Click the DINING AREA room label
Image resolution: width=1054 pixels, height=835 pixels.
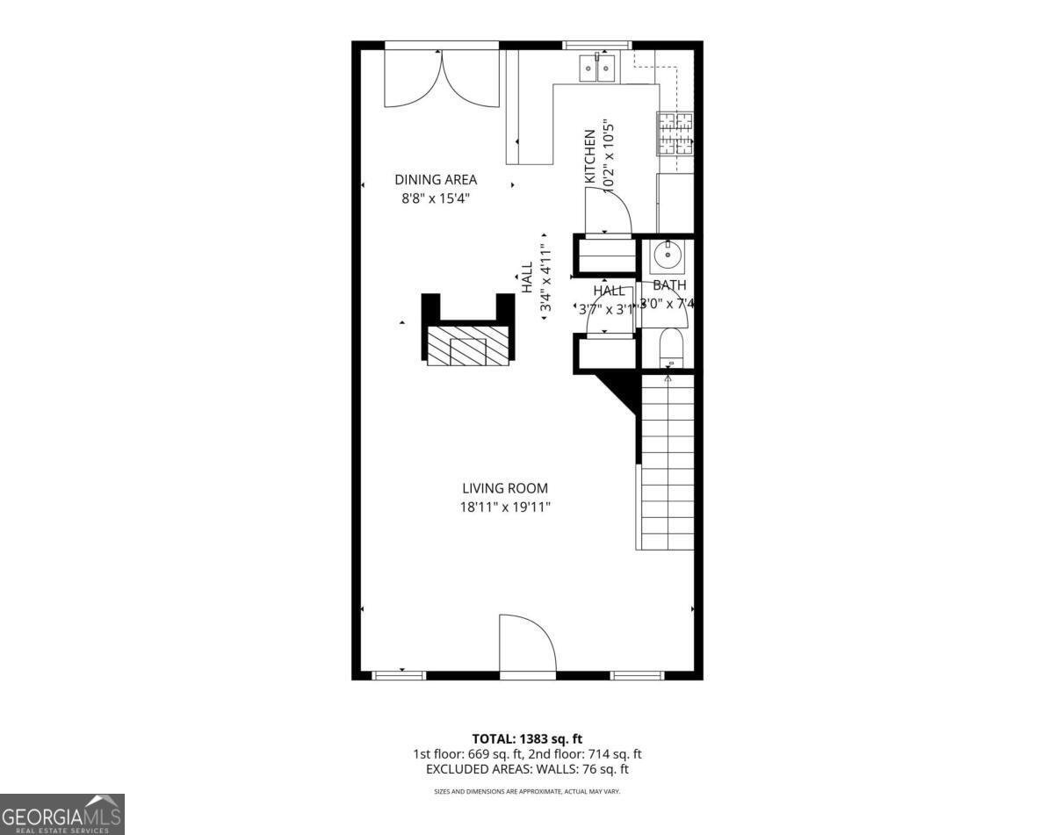tap(435, 180)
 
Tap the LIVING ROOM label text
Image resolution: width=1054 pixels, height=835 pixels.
tap(505, 488)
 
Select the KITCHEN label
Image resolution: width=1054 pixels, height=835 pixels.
tap(590, 156)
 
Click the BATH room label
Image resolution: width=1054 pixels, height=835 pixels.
tap(669, 285)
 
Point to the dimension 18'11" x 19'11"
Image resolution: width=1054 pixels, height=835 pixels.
tap(505, 507)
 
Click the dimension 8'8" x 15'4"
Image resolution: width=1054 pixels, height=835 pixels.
tap(435, 198)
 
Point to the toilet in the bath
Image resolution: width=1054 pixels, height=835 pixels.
tap(672, 348)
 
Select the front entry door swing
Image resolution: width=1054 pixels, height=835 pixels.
tap(526, 645)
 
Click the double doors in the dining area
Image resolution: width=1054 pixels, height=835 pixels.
tap(442, 77)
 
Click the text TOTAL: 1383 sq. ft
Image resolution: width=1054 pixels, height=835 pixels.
tap(527, 738)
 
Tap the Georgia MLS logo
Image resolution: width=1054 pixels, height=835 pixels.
tap(61, 814)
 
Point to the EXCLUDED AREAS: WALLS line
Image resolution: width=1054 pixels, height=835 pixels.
tap(527, 769)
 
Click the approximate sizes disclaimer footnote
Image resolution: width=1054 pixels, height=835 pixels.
tap(527, 791)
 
